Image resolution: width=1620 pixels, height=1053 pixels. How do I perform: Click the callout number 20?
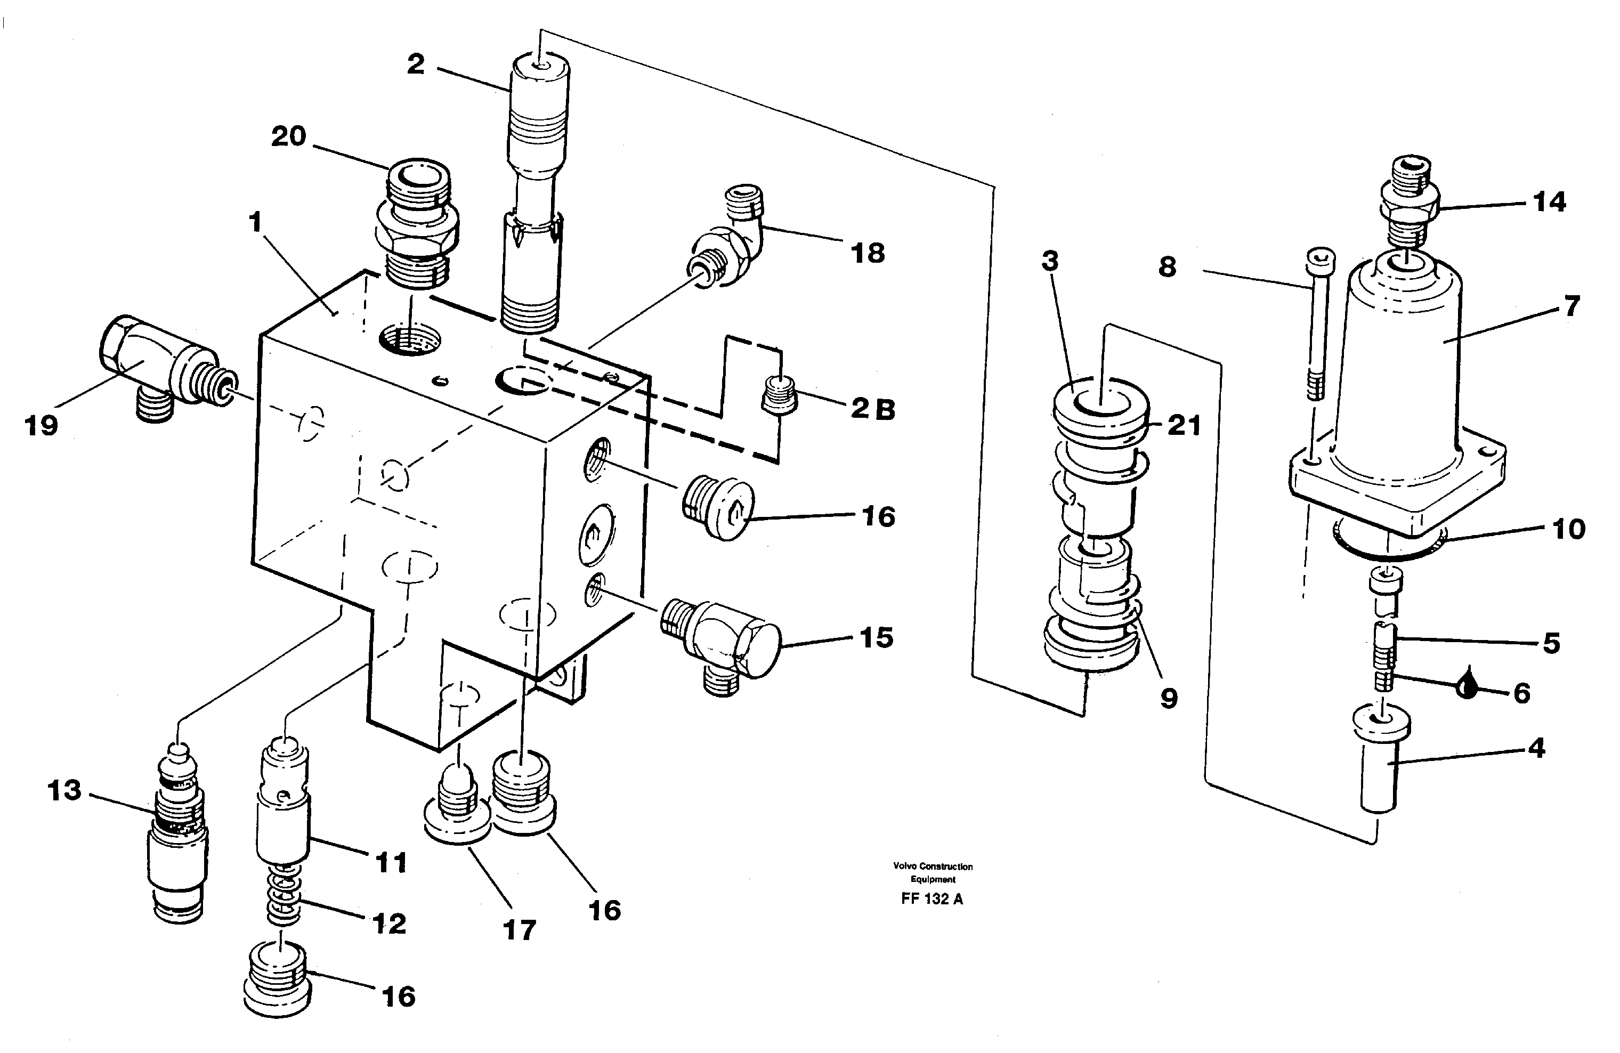coord(289,137)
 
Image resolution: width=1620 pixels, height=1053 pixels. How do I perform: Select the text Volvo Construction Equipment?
coord(933,873)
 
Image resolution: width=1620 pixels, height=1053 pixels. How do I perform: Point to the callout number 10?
coord(1568,529)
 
